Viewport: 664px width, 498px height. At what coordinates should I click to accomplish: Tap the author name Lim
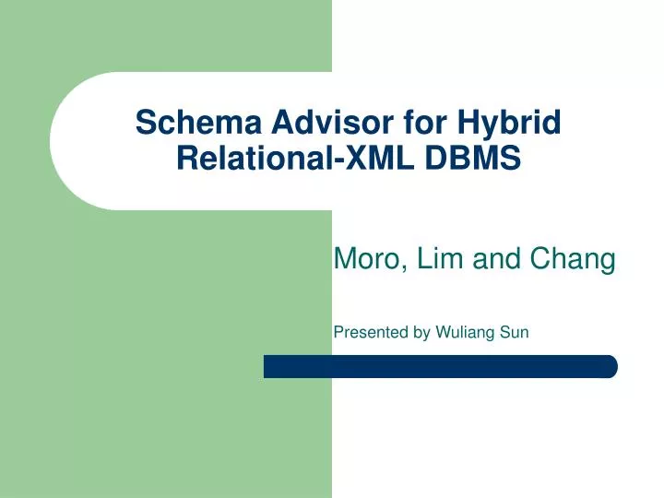439,261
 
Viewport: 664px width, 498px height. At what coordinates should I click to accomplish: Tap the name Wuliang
467,333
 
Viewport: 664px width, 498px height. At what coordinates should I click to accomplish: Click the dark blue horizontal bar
440,366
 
